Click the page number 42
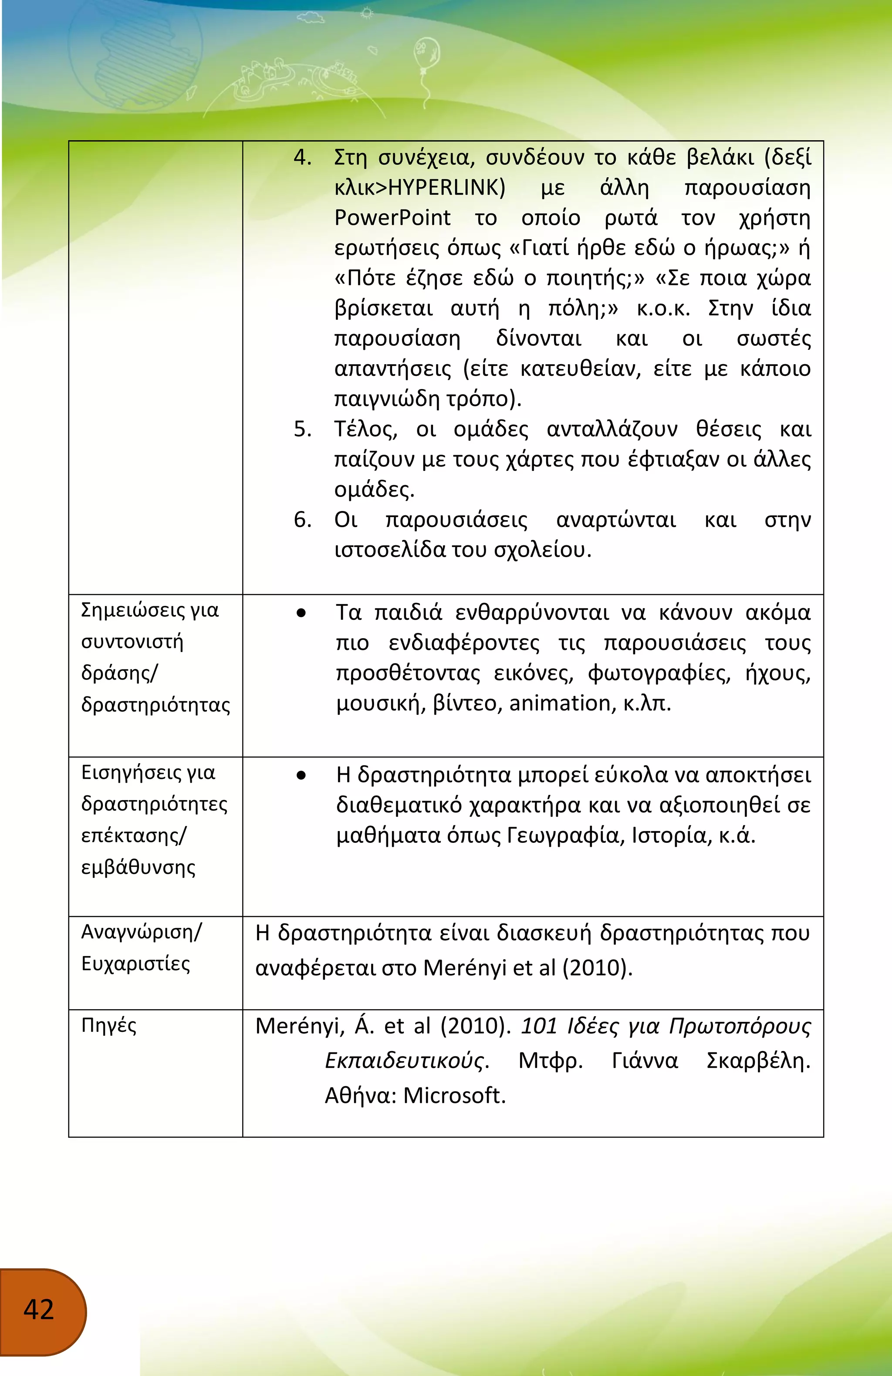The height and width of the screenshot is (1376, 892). click(x=39, y=1309)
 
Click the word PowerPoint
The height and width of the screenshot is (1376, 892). click(x=392, y=217)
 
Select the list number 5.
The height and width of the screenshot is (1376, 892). click(x=302, y=429)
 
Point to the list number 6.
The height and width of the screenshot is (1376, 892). click(x=302, y=519)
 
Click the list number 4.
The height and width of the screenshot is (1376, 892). click(x=302, y=157)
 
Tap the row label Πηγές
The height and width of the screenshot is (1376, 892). click(x=109, y=1026)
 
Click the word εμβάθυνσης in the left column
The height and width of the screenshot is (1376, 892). click(x=138, y=867)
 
